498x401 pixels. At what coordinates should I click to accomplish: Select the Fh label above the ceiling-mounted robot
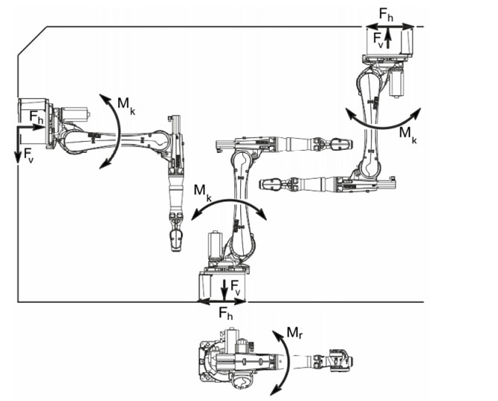[x=387, y=13]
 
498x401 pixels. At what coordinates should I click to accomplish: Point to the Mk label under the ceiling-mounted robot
[x=408, y=133]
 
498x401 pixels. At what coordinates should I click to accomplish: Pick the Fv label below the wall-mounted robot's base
[x=28, y=155]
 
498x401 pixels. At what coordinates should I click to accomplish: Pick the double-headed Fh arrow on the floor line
[x=221, y=301]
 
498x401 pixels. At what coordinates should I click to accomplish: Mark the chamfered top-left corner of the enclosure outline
[x=33, y=40]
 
